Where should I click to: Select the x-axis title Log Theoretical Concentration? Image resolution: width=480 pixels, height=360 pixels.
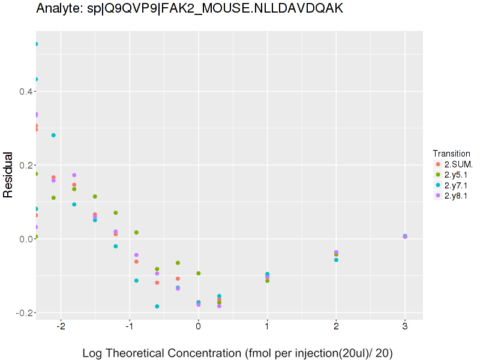238,353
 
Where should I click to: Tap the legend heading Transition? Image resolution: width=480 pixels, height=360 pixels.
451,154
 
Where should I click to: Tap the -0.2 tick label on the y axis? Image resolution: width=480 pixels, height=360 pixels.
22,313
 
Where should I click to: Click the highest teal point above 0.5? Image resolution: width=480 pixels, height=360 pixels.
36,44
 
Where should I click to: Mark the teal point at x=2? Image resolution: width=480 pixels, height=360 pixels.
336,260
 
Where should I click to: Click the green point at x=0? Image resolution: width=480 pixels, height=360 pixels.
199,274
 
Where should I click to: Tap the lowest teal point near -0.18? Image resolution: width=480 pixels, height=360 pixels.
157,307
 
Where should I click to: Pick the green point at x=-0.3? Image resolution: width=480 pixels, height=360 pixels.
178,263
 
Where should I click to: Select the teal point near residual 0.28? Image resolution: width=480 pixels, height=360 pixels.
53,135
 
